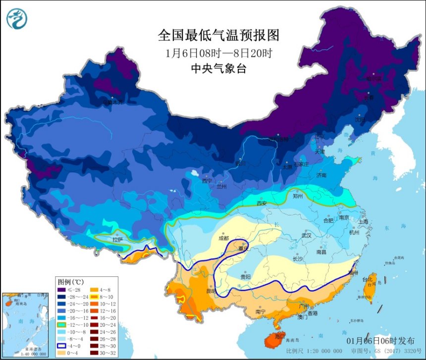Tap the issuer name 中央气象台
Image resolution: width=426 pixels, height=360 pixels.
[218, 69]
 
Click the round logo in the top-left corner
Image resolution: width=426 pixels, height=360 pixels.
[17, 18]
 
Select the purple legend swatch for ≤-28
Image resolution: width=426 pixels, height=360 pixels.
[62, 290]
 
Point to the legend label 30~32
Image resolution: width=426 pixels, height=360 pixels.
[109, 353]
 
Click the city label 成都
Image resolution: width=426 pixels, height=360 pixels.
[224, 238]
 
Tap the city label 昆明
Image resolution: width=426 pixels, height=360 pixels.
[211, 291]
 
